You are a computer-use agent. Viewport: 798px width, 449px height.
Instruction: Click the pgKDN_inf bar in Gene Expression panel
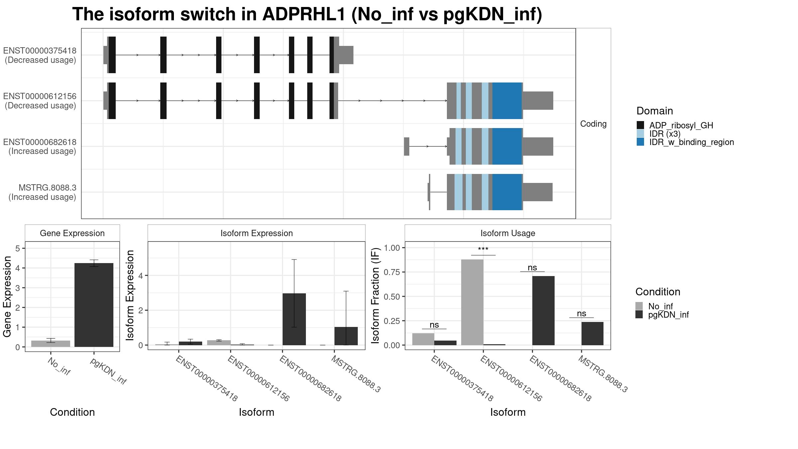[94, 305]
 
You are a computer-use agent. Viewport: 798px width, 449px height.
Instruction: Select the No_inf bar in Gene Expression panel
[51, 344]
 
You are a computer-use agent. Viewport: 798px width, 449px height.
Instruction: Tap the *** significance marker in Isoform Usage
[483, 249]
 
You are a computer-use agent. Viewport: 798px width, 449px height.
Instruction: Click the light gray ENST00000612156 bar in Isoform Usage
[472, 302]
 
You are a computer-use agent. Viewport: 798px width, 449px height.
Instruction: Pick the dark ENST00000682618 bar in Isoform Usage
[543, 311]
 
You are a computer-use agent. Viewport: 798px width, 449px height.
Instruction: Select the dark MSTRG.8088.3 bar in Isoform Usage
[593, 334]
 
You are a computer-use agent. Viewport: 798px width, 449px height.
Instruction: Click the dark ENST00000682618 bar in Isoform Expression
[294, 319]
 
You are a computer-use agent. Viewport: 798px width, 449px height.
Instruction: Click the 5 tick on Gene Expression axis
[18, 248]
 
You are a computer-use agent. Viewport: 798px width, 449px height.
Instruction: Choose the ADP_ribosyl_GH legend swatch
[640, 125]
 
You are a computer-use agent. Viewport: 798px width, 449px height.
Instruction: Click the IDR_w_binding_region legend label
[692, 142]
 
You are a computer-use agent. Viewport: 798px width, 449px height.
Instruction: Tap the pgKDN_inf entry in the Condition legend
[668, 315]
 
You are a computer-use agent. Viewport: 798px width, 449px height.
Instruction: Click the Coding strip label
[594, 124]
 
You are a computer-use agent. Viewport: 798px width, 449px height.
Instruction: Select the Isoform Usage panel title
[508, 233]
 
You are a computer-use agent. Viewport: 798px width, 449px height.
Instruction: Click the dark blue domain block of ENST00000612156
[507, 100]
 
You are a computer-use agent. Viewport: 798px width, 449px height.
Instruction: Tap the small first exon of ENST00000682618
[407, 146]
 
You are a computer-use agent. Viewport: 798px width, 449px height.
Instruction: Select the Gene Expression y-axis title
[7, 296]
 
